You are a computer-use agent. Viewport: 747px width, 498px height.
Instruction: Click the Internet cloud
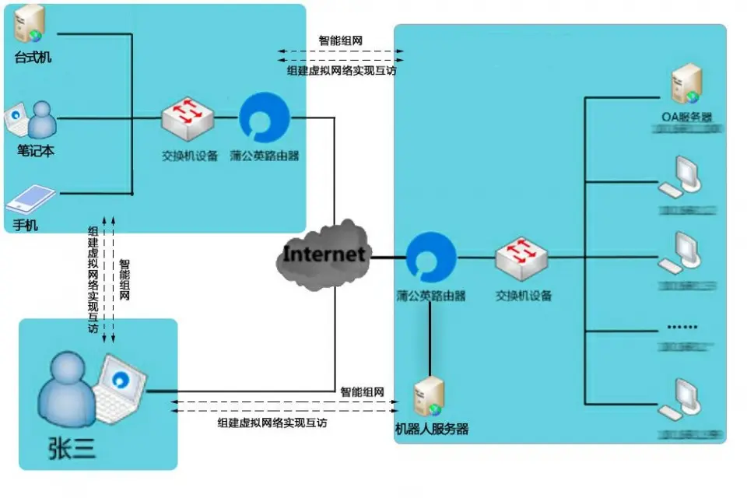[x=322, y=254]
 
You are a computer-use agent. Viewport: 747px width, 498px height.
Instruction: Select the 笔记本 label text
[x=36, y=151]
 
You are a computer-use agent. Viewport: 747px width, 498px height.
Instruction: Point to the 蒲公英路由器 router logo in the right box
[x=430, y=258]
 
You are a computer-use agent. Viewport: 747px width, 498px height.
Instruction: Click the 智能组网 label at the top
[x=340, y=40]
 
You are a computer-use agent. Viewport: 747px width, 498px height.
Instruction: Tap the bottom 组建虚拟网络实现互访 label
[x=272, y=423]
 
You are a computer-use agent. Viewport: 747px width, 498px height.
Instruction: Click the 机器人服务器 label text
[x=432, y=430]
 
